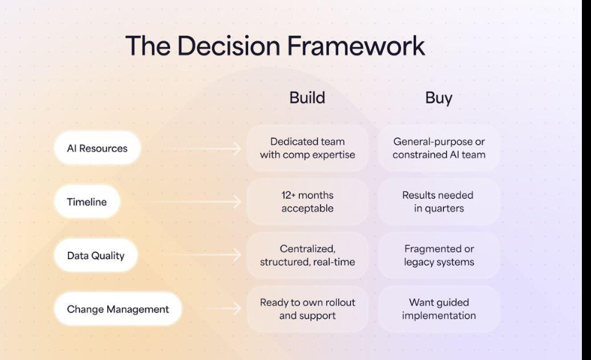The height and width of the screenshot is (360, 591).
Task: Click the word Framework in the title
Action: [356, 46]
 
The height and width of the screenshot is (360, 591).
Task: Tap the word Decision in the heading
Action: [228, 46]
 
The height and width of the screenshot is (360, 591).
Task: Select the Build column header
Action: [307, 97]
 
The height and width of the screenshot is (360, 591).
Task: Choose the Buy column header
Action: [439, 98]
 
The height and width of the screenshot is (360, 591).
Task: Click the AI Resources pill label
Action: [97, 148]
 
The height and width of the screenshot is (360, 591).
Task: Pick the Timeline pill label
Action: [87, 202]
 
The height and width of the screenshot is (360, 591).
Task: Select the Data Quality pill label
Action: [96, 255]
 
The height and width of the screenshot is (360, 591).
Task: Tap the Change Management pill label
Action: [118, 309]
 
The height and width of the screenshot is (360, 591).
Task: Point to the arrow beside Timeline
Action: [191, 202]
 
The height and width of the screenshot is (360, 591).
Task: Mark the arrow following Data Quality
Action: [200, 255]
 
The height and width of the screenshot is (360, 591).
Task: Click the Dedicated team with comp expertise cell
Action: [307, 148]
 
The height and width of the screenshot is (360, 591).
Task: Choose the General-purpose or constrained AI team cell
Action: [439, 148]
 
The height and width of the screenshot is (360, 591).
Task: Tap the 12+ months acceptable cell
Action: [307, 202]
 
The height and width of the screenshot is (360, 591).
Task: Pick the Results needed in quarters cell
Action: [439, 202]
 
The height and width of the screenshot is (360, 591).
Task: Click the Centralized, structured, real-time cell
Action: [307, 255]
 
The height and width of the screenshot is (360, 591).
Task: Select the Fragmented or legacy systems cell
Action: [439, 255]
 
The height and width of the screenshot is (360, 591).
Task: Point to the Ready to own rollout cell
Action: [307, 309]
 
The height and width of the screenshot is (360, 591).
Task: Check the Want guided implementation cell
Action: [439, 309]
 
